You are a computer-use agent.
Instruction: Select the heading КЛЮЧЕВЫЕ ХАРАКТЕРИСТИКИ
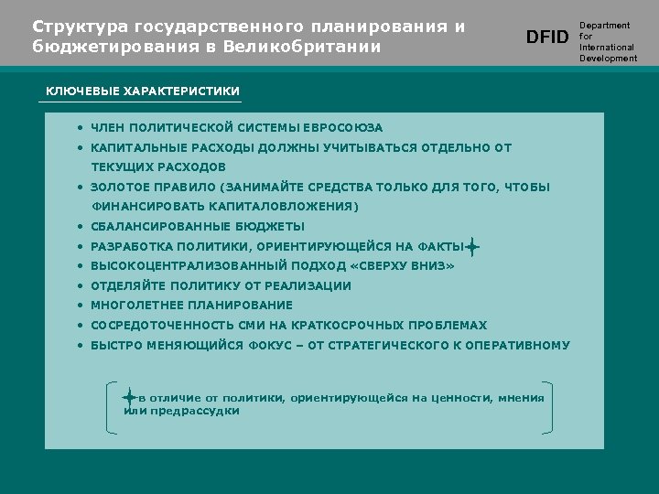(143, 91)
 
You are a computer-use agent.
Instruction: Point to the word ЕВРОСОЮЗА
(348, 128)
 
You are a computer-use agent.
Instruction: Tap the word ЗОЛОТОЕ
(117, 188)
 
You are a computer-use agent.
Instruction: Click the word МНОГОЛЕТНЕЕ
(134, 306)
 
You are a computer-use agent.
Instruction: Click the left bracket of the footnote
(109, 405)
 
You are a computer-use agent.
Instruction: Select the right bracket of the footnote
(548, 405)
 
